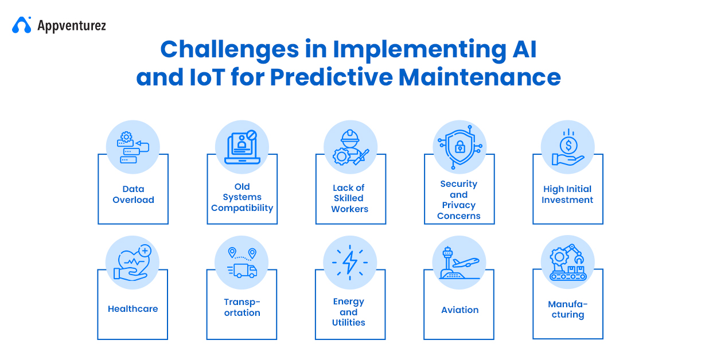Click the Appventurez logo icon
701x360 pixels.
click(x=22, y=25)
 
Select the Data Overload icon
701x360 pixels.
click(x=133, y=147)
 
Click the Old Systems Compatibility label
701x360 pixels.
click(x=242, y=197)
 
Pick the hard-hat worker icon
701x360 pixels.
click(x=350, y=147)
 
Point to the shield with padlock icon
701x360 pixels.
click(x=459, y=147)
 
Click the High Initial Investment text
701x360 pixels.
click(x=567, y=194)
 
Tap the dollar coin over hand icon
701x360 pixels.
click(x=567, y=147)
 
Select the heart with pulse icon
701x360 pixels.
click(x=133, y=263)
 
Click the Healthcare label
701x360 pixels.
click(x=133, y=309)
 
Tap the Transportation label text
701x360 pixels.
click(x=242, y=307)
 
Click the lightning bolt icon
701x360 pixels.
click(x=350, y=263)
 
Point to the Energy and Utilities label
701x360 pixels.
click(x=349, y=312)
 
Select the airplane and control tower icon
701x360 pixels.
click(x=459, y=263)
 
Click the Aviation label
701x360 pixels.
click(x=459, y=310)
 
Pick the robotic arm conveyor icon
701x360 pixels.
click(x=567, y=263)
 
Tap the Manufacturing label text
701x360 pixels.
click(x=567, y=310)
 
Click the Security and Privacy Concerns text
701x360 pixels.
click(x=459, y=200)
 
